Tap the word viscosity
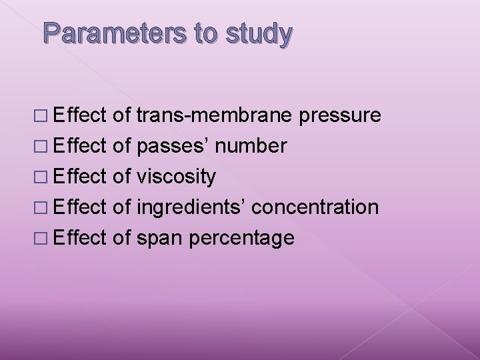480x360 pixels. coord(175,177)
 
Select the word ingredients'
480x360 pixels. coord(194,207)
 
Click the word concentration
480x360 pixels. coord(316,207)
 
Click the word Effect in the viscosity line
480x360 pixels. coord(81,176)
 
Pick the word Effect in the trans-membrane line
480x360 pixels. coord(81,115)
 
